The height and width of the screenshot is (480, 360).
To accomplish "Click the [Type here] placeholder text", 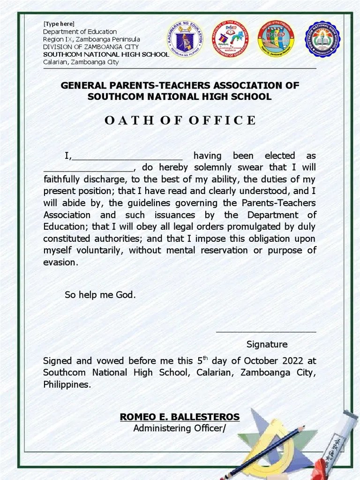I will click(x=59, y=24).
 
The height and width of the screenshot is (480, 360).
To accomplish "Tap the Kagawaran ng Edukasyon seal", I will click(x=186, y=39).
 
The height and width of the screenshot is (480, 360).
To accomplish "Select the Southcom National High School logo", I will click(x=322, y=39).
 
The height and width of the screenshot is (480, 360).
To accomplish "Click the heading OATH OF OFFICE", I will click(x=180, y=120).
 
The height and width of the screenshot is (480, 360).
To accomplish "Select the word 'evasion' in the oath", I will click(x=60, y=262).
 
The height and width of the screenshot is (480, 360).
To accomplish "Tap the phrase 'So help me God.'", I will click(x=100, y=295).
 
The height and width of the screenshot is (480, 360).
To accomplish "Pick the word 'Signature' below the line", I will click(x=267, y=345).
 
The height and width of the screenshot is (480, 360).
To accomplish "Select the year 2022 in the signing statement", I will click(x=293, y=361).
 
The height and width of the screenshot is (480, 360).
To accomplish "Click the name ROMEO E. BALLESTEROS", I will click(x=180, y=417).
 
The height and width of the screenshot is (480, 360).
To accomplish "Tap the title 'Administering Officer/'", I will click(x=180, y=428).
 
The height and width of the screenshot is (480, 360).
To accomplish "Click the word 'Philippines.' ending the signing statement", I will click(x=67, y=385).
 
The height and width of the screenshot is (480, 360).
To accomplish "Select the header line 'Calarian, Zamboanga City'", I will click(x=81, y=62).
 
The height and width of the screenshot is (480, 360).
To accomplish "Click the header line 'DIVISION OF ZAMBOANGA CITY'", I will click(x=91, y=47).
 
